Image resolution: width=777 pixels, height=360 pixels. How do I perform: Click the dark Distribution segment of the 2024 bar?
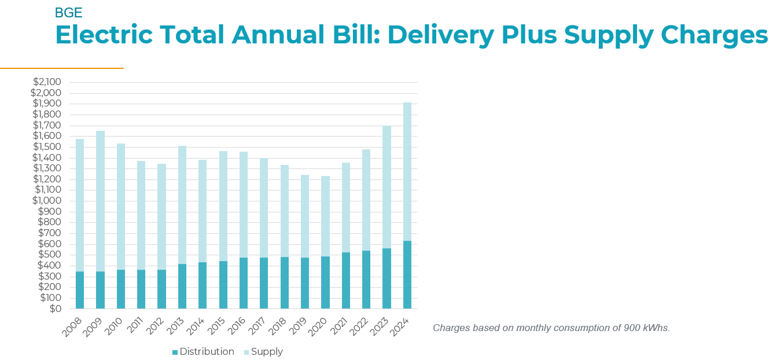tap(407, 275)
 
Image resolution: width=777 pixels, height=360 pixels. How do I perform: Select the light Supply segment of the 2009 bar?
tap(100, 201)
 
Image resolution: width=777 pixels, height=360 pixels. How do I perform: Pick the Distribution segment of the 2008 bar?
tap(80, 290)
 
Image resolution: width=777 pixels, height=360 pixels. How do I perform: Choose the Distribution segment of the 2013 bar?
tap(182, 286)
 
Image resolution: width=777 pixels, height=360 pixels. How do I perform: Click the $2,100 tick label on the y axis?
tap(47, 82)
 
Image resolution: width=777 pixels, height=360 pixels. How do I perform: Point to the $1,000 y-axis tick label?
tap(47, 201)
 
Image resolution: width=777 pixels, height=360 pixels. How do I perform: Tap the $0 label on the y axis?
tap(54, 308)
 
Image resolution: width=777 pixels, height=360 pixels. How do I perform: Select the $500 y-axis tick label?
tap(50, 255)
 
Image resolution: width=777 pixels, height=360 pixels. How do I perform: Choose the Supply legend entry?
tap(267, 351)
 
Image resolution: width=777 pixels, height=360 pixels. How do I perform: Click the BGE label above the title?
tap(68, 13)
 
